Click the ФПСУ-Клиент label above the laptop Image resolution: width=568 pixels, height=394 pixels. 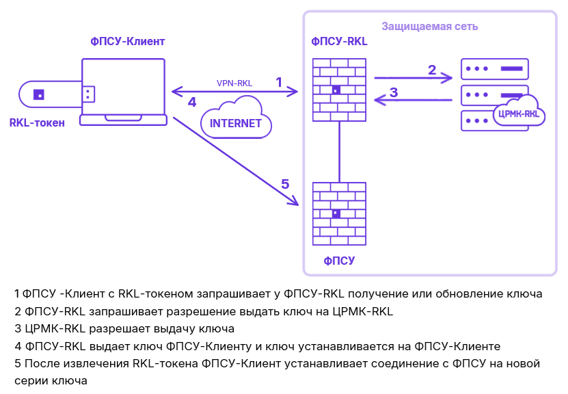(128, 42)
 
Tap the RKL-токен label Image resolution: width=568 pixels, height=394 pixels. (37, 123)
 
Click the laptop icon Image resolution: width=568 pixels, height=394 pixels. (124, 92)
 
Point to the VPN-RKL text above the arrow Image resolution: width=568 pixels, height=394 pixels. (234, 83)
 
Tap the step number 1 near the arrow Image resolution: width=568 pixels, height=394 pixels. (279, 82)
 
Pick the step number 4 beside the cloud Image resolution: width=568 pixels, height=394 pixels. (192, 102)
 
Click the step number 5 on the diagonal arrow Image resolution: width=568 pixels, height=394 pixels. (285, 184)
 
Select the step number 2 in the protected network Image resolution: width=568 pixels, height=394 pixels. (431, 69)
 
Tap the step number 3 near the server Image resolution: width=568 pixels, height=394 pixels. (394, 92)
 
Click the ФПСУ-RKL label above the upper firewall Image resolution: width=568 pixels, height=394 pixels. (339, 42)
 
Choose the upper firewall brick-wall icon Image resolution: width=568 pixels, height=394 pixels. (339, 90)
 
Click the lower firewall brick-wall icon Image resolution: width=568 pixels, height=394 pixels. (339, 213)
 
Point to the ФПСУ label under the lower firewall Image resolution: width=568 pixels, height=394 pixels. (339, 261)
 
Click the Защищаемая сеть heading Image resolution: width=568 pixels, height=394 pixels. (429, 27)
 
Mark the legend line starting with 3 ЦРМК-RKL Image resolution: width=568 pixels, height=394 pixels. (124, 328)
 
